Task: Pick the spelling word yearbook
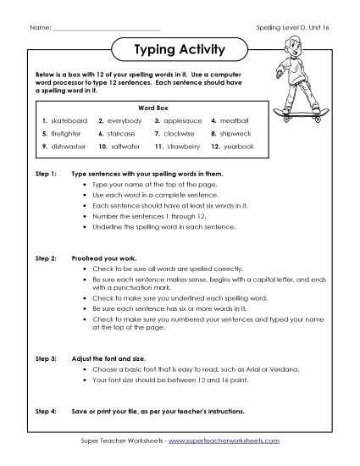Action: coord(238,147)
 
